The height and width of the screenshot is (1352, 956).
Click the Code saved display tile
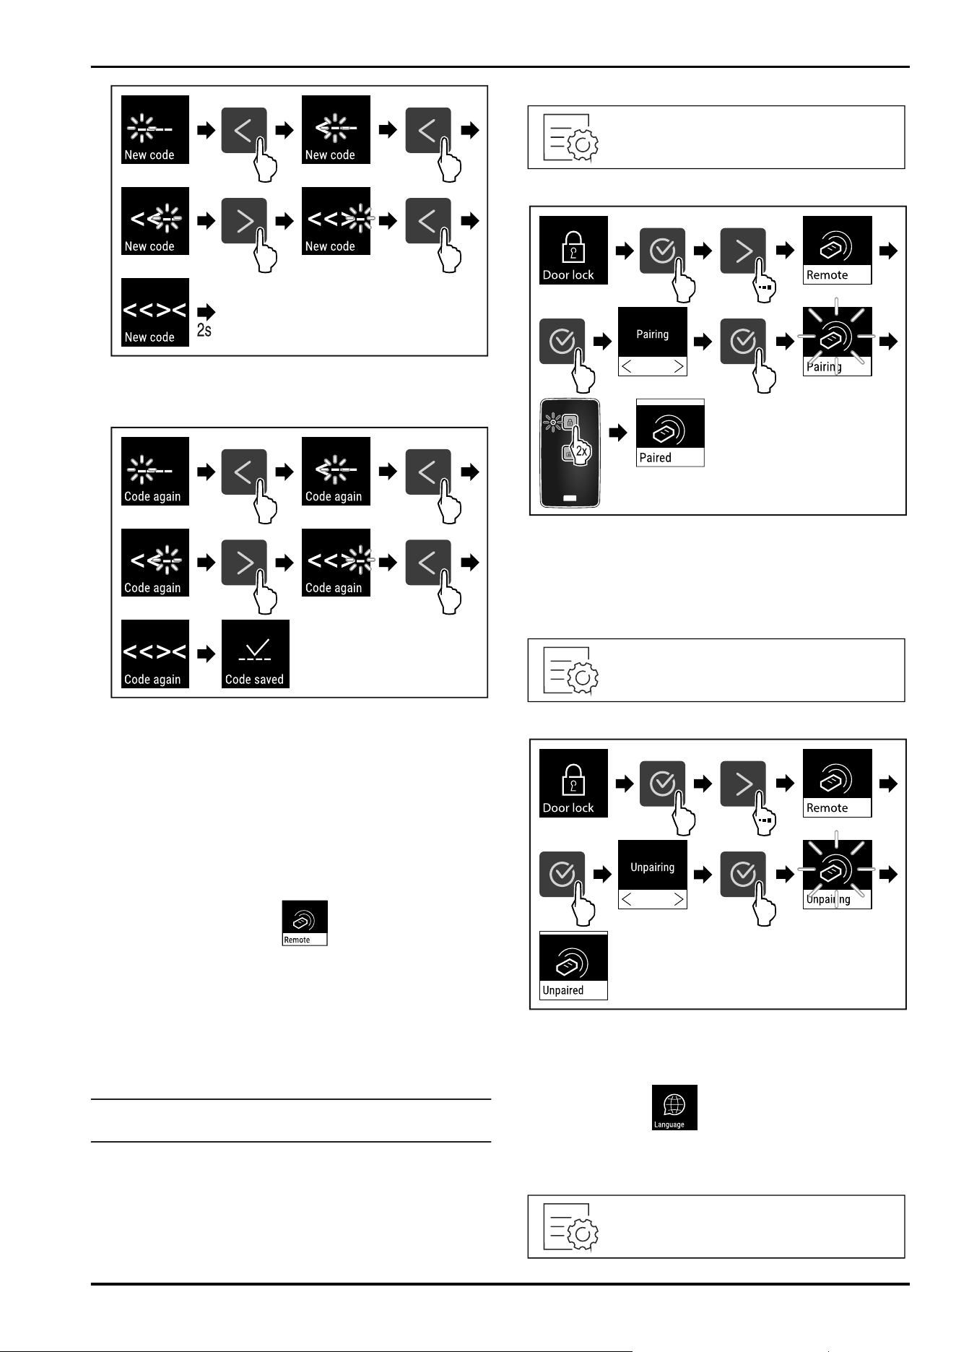click(x=256, y=654)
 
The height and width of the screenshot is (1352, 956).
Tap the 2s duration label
click(x=204, y=331)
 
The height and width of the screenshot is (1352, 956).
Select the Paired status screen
click(x=670, y=433)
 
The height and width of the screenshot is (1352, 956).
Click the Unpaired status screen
click(x=574, y=966)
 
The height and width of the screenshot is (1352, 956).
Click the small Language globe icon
click(x=675, y=1107)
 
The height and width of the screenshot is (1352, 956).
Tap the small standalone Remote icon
click(x=305, y=922)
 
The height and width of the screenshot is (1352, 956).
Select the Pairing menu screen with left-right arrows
click(x=653, y=342)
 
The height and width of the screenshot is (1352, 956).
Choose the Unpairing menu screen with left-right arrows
click(x=653, y=875)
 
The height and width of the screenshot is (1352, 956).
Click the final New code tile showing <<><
click(x=155, y=312)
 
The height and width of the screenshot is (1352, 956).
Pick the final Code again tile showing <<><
click(x=155, y=654)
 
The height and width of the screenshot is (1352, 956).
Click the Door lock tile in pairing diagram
click(x=574, y=250)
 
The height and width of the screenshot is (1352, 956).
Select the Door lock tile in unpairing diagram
click(x=574, y=783)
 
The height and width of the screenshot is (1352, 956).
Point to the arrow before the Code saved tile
click(x=207, y=654)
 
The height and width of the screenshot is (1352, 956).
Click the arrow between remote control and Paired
click(x=617, y=433)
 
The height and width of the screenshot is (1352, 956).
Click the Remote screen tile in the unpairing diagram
click(x=837, y=783)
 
